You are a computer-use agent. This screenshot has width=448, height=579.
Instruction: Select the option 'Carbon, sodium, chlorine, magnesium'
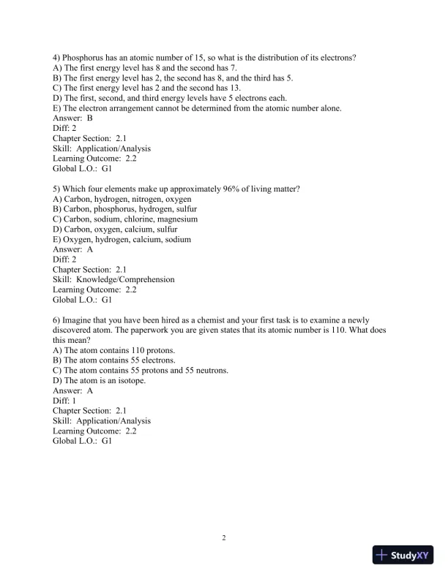[x=125, y=219]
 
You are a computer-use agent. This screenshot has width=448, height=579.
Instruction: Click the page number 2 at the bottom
[x=224, y=539]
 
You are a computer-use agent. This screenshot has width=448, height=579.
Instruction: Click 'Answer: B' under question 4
[x=72, y=118]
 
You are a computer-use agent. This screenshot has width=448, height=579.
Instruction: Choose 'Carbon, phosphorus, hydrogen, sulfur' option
[x=125, y=209]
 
